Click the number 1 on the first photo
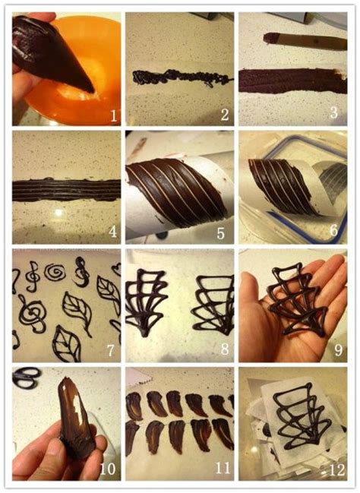114,116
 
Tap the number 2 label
225,115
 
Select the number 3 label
334,112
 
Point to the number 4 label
112,232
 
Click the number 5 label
221,234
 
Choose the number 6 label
333,230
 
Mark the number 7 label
110,350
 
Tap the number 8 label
225,349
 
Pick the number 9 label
338,349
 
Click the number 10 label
108,469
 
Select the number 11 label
223,468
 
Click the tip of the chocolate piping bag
93,91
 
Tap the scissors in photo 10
27,378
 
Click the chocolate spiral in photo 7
54,272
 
